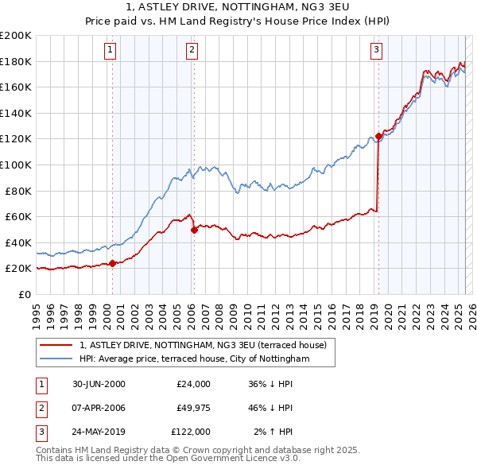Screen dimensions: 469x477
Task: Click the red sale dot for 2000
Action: coord(112,263)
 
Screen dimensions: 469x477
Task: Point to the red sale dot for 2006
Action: coord(194,230)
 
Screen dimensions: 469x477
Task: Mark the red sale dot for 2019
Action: coord(378,137)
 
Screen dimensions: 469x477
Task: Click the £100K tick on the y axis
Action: coord(16,165)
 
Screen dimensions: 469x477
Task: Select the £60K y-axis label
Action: coord(18,216)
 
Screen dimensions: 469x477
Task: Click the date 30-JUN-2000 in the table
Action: coord(99,384)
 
